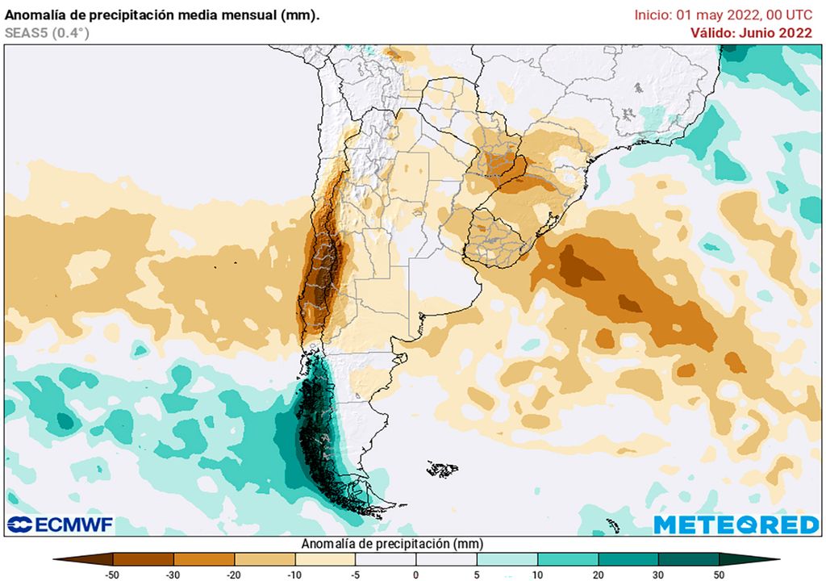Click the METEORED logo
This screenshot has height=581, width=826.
pos(736,525)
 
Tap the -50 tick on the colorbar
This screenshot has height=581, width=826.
pos(113,574)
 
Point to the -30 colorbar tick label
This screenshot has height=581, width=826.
pos(173,574)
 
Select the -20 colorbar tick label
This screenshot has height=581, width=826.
pos(234,574)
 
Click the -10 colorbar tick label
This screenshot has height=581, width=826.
pos(294,574)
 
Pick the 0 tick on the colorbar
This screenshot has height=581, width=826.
pos(416,574)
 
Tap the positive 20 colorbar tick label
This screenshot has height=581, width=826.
pos(598,574)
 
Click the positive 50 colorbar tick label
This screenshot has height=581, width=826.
pos(719,574)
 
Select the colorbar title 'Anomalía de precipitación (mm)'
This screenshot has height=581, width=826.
pos(392,544)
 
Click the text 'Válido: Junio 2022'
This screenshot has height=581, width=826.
pos(751,33)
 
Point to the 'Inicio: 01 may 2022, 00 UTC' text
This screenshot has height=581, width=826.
pos(723,15)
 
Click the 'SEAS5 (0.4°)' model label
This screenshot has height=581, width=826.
pos(47,33)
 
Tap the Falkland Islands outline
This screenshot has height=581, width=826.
pos(442,469)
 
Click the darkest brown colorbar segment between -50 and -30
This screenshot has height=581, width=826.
pos(144,558)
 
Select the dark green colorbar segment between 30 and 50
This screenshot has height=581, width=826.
pos(688,558)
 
